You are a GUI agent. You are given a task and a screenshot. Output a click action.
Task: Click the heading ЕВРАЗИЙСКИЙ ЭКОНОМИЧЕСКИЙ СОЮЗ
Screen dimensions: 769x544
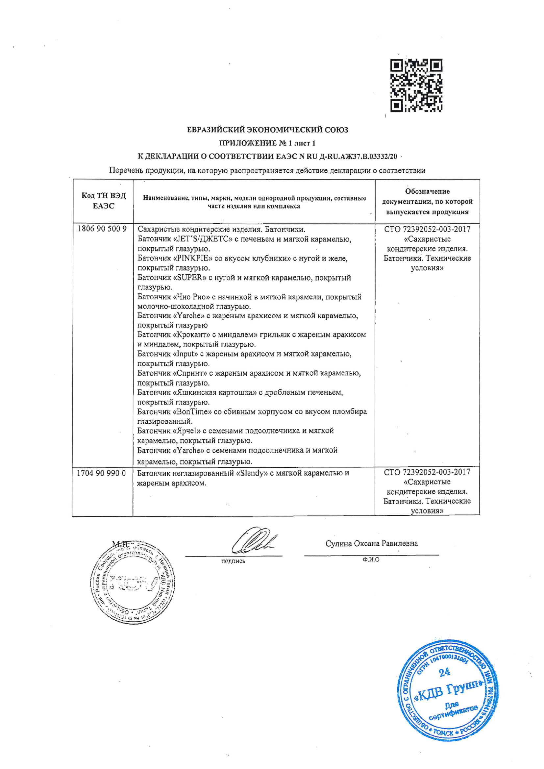[x=267, y=130]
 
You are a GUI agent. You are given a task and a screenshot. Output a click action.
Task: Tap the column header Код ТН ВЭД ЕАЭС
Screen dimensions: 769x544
[x=104, y=201]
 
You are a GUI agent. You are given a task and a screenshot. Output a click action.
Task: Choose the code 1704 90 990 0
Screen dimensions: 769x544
[x=102, y=473]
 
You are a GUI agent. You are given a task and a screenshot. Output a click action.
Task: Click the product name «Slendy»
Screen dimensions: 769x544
[x=252, y=473]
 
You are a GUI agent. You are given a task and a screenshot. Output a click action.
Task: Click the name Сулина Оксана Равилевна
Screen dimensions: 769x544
[x=371, y=543]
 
